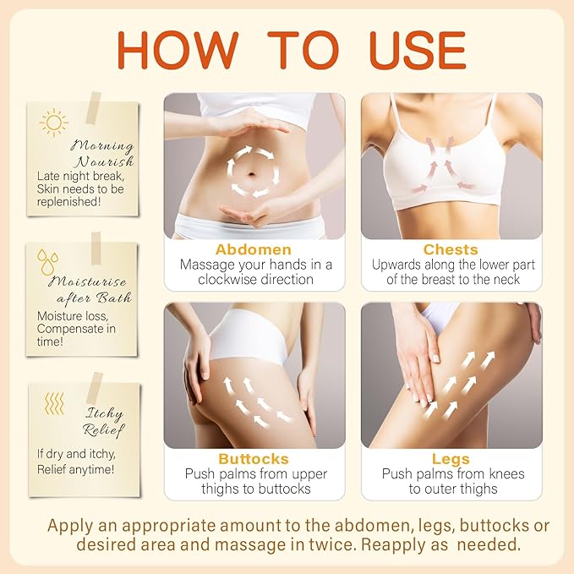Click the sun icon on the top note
point(53,123)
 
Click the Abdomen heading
point(254,249)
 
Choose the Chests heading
point(451,249)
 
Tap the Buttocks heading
point(253,459)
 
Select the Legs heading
point(450,459)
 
